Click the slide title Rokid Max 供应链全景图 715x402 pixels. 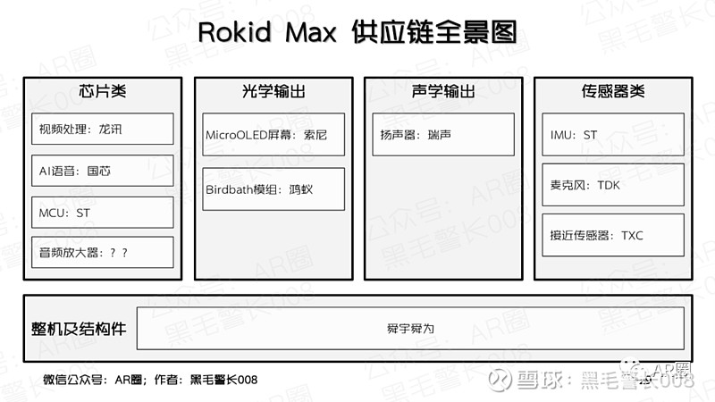(357, 34)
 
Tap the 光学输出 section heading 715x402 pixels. (273, 92)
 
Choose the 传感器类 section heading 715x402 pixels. (612, 92)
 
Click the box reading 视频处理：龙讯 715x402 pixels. (101, 129)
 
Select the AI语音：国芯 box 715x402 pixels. (101, 171)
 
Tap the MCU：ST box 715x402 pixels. (101, 212)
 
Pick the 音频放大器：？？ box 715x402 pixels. (101, 253)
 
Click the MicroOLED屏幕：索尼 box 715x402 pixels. (273, 135)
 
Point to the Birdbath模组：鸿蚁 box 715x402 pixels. (273, 188)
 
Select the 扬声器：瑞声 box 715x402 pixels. (442, 135)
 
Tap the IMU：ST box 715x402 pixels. (612, 135)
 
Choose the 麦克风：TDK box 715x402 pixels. (612, 185)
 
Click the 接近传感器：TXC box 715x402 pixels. (612, 236)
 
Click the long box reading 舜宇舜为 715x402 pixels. (410, 329)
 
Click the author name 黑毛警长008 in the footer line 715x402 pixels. (223, 380)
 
